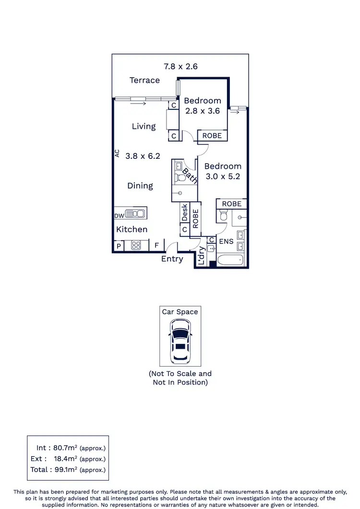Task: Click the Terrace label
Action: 144,80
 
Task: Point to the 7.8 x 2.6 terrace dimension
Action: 180,66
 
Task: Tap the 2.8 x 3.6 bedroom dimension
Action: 202,111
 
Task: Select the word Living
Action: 144,126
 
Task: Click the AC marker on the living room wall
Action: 117,153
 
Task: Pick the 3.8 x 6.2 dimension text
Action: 143,156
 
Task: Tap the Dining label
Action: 140,186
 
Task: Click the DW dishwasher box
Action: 119,215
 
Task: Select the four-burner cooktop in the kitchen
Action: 135,246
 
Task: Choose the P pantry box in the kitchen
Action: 119,246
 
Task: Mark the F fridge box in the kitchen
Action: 156,246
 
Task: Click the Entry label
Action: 172,259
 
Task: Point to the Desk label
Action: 184,213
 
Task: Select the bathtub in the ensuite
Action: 230,261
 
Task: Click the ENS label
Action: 226,241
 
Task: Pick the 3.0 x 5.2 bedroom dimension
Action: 222,176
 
